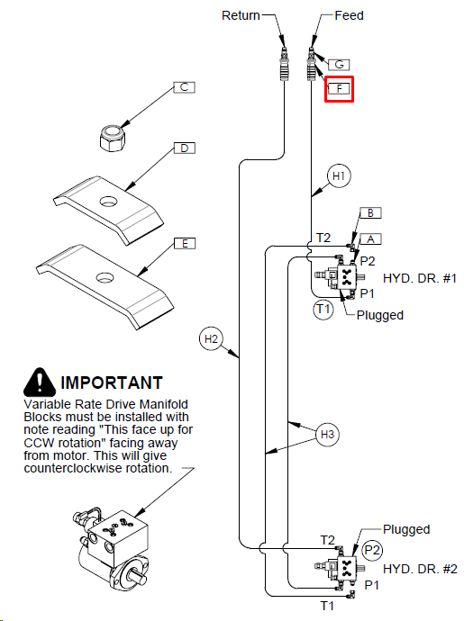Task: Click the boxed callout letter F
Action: pyautogui.click(x=339, y=88)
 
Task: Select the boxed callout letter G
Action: pyautogui.click(x=339, y=65)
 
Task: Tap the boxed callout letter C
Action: pyautogui.click(x=185, y=87)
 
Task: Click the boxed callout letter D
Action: pyautogui.click(x=185, y=148)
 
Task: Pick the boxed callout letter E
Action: pyautogui.click(x=185, y=243)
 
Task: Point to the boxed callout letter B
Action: pyautogui.click(x=371, y=212)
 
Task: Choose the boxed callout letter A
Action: pyautogui.click(x=371, y=238)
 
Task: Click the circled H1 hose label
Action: pyautogui.click(x=339, y=175)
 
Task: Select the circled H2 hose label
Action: pyautogui.click(x=211, y=339)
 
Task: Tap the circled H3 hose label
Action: pyautogui.click(x=328, y=435)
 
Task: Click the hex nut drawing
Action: pyautogui.click(x=113, y=138)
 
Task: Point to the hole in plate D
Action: pyautogui.click(x=109, y=202)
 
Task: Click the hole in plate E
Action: pyautogui.click(x=105, y=277)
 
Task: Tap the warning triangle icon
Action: pyautogui.click(x=40, y=382)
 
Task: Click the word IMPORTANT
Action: pyautogui.click(x=112, y=383)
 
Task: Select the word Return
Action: pyautogui.click(x=241, y=15)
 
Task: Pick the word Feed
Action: pyautogui.click(x=349, y=15)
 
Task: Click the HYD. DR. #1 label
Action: pyautogui.click(x=420, y=278)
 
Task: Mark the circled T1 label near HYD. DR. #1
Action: pyautogui.click(x=323, y=309)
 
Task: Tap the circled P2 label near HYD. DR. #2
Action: pyautogui.click(x=372, y=550)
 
